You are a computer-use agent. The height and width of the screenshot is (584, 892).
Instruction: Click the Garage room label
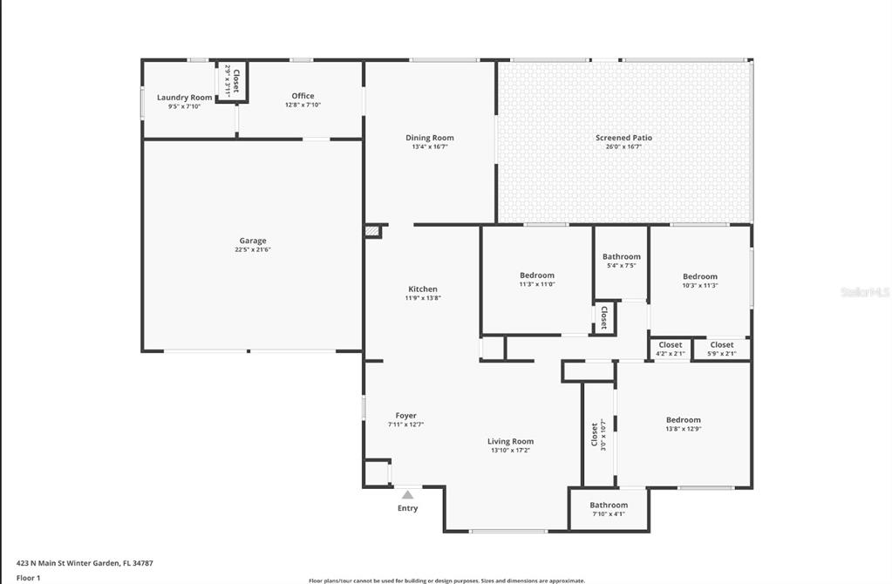pyautogui.click(x=253, y=241)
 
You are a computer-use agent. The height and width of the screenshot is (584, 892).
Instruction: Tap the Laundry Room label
pyautogui.click(x=184, y=98)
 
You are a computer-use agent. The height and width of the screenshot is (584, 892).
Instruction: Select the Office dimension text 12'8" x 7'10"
pyautogui.click(x=303, y=105)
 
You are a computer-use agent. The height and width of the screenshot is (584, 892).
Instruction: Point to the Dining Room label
pyautogui.click(x=430, y=138)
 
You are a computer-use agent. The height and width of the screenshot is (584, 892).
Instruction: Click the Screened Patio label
pyautogui.click(x=623, y=138)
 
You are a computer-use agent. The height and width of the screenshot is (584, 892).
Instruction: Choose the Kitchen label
pyautogui.click(x=423, y=289)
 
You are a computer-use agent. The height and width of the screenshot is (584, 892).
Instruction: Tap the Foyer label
pyautogui.click(x=405, y=416)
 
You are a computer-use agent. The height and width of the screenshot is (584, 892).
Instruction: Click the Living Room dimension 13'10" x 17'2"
pyautogui.click(x=510, y=451)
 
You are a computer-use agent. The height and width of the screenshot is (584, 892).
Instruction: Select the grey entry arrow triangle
pyautogui.click(x=407, y=494)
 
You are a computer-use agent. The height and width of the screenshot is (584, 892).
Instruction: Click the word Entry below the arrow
pyautogui.click(x=407, y=508)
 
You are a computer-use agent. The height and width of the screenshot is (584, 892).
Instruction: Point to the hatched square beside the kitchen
pyautogui.click(x=372, y=231)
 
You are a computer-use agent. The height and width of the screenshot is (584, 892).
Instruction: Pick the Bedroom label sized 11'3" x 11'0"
pyautogui.click(x=537, y=275)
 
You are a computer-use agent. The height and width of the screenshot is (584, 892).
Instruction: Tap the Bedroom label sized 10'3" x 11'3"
pyautogui.click(x=699, y=276)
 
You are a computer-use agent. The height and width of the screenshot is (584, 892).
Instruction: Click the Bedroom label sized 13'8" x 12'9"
pyautogui.click(x=684, y=419)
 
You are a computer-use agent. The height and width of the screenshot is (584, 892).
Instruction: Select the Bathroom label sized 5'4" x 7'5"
pyautogui.click(x=621, y=256)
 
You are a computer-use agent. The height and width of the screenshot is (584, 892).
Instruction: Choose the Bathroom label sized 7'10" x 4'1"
pyautogui.click(x=609, y=505)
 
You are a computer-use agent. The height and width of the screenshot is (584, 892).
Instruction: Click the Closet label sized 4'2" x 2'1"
pyautogui.click(x=671, y=344)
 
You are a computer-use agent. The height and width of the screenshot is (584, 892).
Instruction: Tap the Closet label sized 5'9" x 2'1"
pyautogui.click(x=721, y=344)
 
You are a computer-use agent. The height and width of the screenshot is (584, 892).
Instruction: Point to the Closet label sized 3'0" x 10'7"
pyautogui.click(x=595, y=434)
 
